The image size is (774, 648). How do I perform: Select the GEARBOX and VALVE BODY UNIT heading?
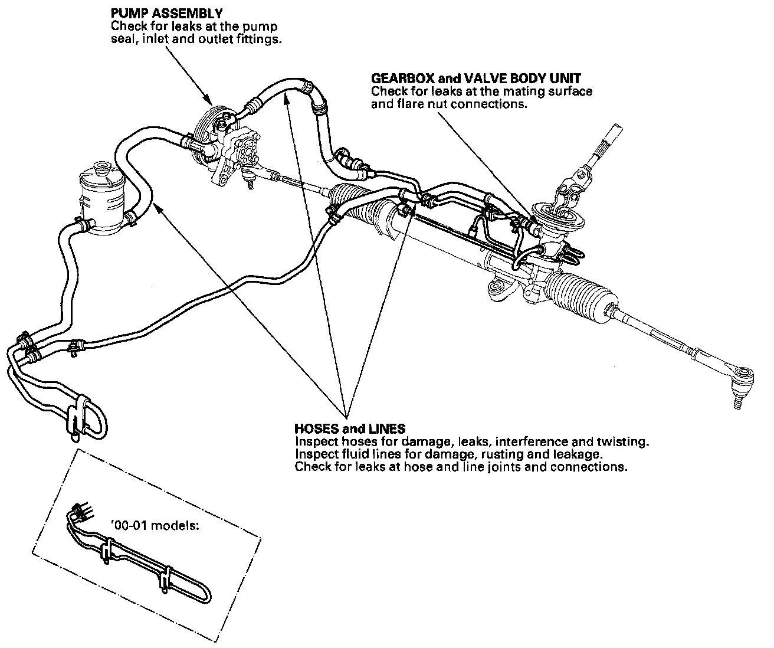[476, 78]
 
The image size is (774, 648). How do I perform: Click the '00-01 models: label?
[155, 525]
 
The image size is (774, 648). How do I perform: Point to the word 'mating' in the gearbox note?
[509, 91]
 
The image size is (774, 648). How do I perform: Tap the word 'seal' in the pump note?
[122, 40]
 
